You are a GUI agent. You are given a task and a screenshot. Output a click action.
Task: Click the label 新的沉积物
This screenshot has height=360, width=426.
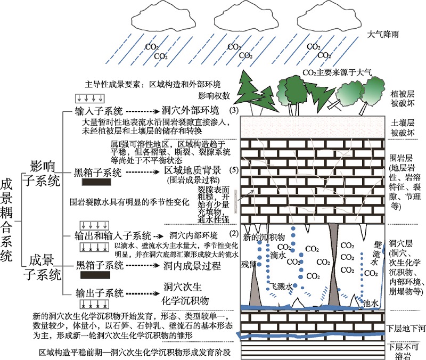[261, 236]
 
